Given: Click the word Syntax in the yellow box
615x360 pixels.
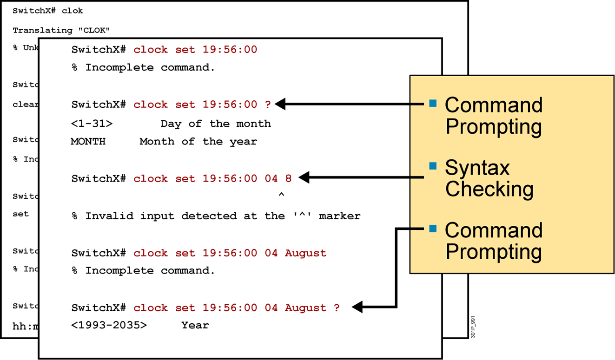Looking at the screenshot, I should click(477, 168).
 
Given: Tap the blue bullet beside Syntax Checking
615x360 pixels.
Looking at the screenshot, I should click(433, 166).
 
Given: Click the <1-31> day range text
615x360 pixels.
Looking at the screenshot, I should click(92, 124).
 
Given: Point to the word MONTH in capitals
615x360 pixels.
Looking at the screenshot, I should click(88, 141).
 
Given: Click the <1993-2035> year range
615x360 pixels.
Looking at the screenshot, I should click(109, 325).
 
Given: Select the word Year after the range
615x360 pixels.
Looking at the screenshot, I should click(195, 325).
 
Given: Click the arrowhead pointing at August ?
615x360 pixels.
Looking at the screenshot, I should click(357, 307).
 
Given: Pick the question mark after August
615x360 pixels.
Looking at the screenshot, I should click(337, 308).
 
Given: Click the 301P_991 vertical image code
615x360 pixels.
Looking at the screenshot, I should click(473, 327).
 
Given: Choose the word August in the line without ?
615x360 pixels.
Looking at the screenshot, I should click(305, 253).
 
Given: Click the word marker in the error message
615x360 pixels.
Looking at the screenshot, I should click(339, 216).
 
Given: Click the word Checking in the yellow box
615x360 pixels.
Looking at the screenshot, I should click(489, 189).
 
